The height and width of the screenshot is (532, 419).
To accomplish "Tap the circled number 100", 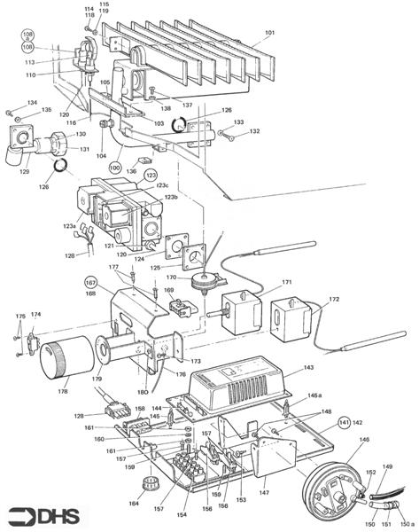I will point(115,167).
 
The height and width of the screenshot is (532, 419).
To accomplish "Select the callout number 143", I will point(309,366).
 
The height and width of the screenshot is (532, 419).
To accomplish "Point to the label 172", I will point(334,300).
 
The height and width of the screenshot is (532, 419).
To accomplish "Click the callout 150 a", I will point(405,520).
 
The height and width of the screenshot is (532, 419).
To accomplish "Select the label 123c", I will point(163,185).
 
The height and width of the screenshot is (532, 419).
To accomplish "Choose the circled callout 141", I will point(345,424).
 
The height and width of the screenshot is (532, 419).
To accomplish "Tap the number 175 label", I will point(19,317).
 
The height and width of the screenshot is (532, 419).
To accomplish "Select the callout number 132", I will point(254,131).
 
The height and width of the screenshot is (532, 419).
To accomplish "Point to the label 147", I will point(264,490).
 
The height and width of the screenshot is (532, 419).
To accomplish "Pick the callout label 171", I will point(286,283).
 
